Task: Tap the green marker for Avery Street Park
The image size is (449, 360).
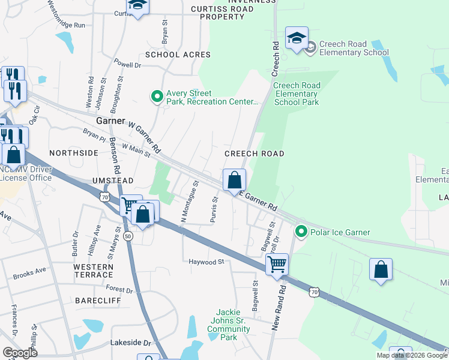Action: coord(157,97)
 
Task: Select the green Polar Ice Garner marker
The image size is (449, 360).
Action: coord(301,232)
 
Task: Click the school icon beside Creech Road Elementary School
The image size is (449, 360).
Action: coord(297,39)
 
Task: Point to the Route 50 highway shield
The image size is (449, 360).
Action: coord(128,237)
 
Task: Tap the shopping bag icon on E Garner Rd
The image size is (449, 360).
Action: coord(234,180)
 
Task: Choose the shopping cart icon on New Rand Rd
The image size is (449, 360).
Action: coord(277,263)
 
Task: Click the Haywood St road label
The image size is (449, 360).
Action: coord(206,262)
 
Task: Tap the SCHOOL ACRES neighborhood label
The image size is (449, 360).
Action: coord(178,55)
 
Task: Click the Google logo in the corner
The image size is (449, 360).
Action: coord(20,353)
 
